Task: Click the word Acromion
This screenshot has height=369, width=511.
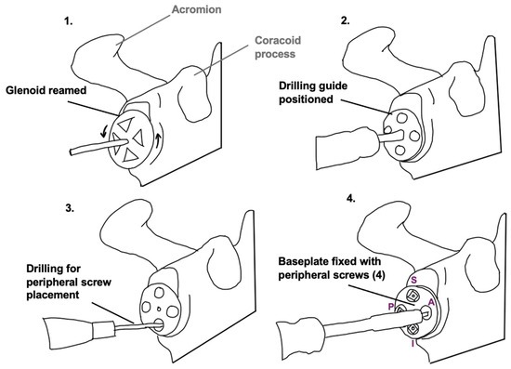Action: tap(197, 10)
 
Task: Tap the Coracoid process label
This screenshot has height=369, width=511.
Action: tap(278, 47)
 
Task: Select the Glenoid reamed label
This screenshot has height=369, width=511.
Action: tap(46, 90)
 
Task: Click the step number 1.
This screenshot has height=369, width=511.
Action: tap(68, 21)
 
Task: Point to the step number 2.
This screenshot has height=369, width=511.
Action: tap(345, 20)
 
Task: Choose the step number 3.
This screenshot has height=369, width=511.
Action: tap(70, 208)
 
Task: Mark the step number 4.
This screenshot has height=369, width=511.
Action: tap(350, 199)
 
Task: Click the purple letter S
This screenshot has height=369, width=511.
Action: tap(413, 280)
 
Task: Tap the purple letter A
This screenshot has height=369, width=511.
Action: tap(431, 302)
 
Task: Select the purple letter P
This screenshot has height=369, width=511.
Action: tap(391, 307)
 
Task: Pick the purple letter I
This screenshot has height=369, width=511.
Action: tap(413, 344)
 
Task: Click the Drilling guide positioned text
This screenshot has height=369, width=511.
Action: tap(313, 92)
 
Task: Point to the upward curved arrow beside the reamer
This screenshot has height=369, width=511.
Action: tap(158, 139)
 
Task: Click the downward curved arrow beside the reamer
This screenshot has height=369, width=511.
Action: tap(104, 131)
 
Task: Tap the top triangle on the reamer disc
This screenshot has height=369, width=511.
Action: tap(124, 125)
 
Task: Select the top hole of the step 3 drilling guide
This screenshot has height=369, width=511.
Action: tap(160, 292)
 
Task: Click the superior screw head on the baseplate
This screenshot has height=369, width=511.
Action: tap(413, 296)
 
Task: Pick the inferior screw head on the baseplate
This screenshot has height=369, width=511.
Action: tap(413, 329)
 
